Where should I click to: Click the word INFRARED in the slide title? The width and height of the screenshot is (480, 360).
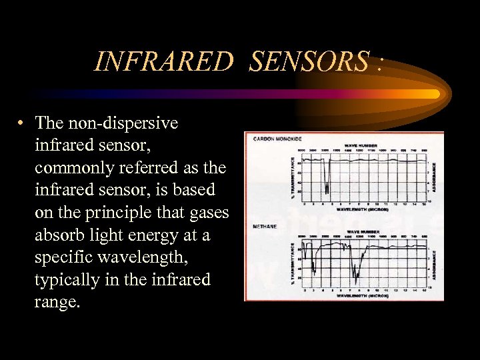click(x=164, y=61)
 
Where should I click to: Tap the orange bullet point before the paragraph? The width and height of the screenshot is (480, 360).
click(x=22, y=123)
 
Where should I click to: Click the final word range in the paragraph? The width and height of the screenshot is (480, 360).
click(x=57, y=302)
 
